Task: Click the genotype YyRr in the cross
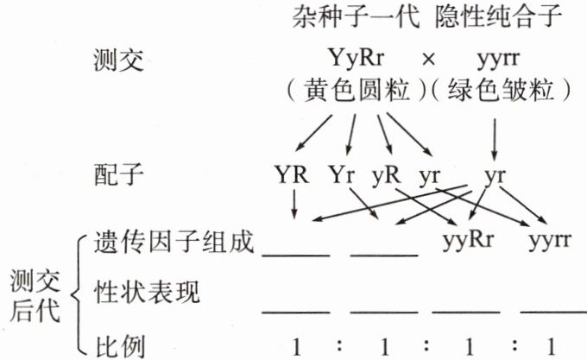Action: click(356, 60)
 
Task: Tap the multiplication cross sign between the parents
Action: click(427, 60)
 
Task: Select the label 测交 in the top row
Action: click(117, 60)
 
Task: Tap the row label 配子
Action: click(117, 175)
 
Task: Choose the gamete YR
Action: click(294, 175)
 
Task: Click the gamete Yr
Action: click(343, 175)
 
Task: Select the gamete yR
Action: click(385, 175)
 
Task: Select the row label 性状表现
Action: click(147, 294)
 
